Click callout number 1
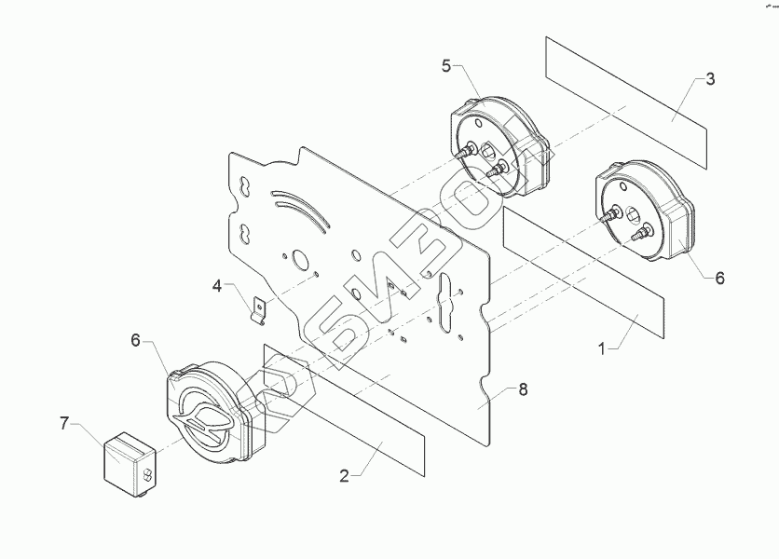coord(602,348)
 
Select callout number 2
coord(344,475)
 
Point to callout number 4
coord(217,286)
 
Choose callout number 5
coord(446,65)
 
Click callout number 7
coord(64,423)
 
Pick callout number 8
coord(522,389)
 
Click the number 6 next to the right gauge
coord(718,277)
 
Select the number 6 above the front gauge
coord(136,341)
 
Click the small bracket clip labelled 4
coord(260,310)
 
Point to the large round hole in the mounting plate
coord(300,262)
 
